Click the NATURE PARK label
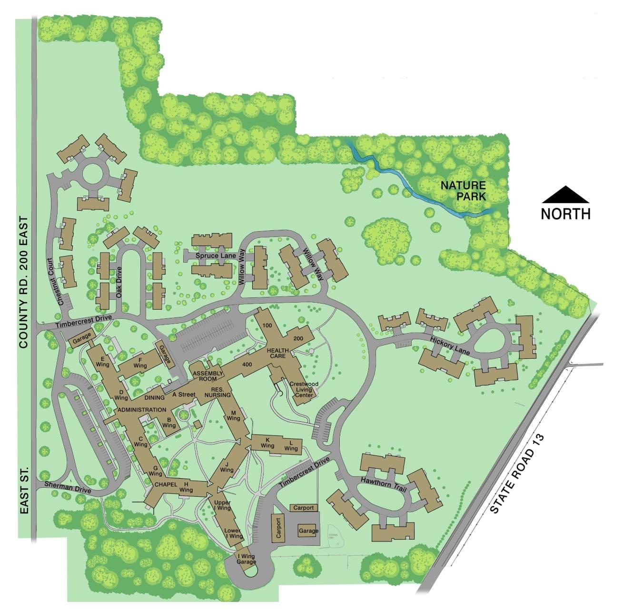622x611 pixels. point(463,190)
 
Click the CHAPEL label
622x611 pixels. point(166,484)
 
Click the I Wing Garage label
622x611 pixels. point(247,559)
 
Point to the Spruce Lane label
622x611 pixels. point(216,256)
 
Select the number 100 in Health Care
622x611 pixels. point(267,326)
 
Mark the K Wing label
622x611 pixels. point(267,443)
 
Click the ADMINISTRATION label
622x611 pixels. point(141,410)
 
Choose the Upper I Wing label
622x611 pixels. point(222,505)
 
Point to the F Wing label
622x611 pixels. point(140,363)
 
